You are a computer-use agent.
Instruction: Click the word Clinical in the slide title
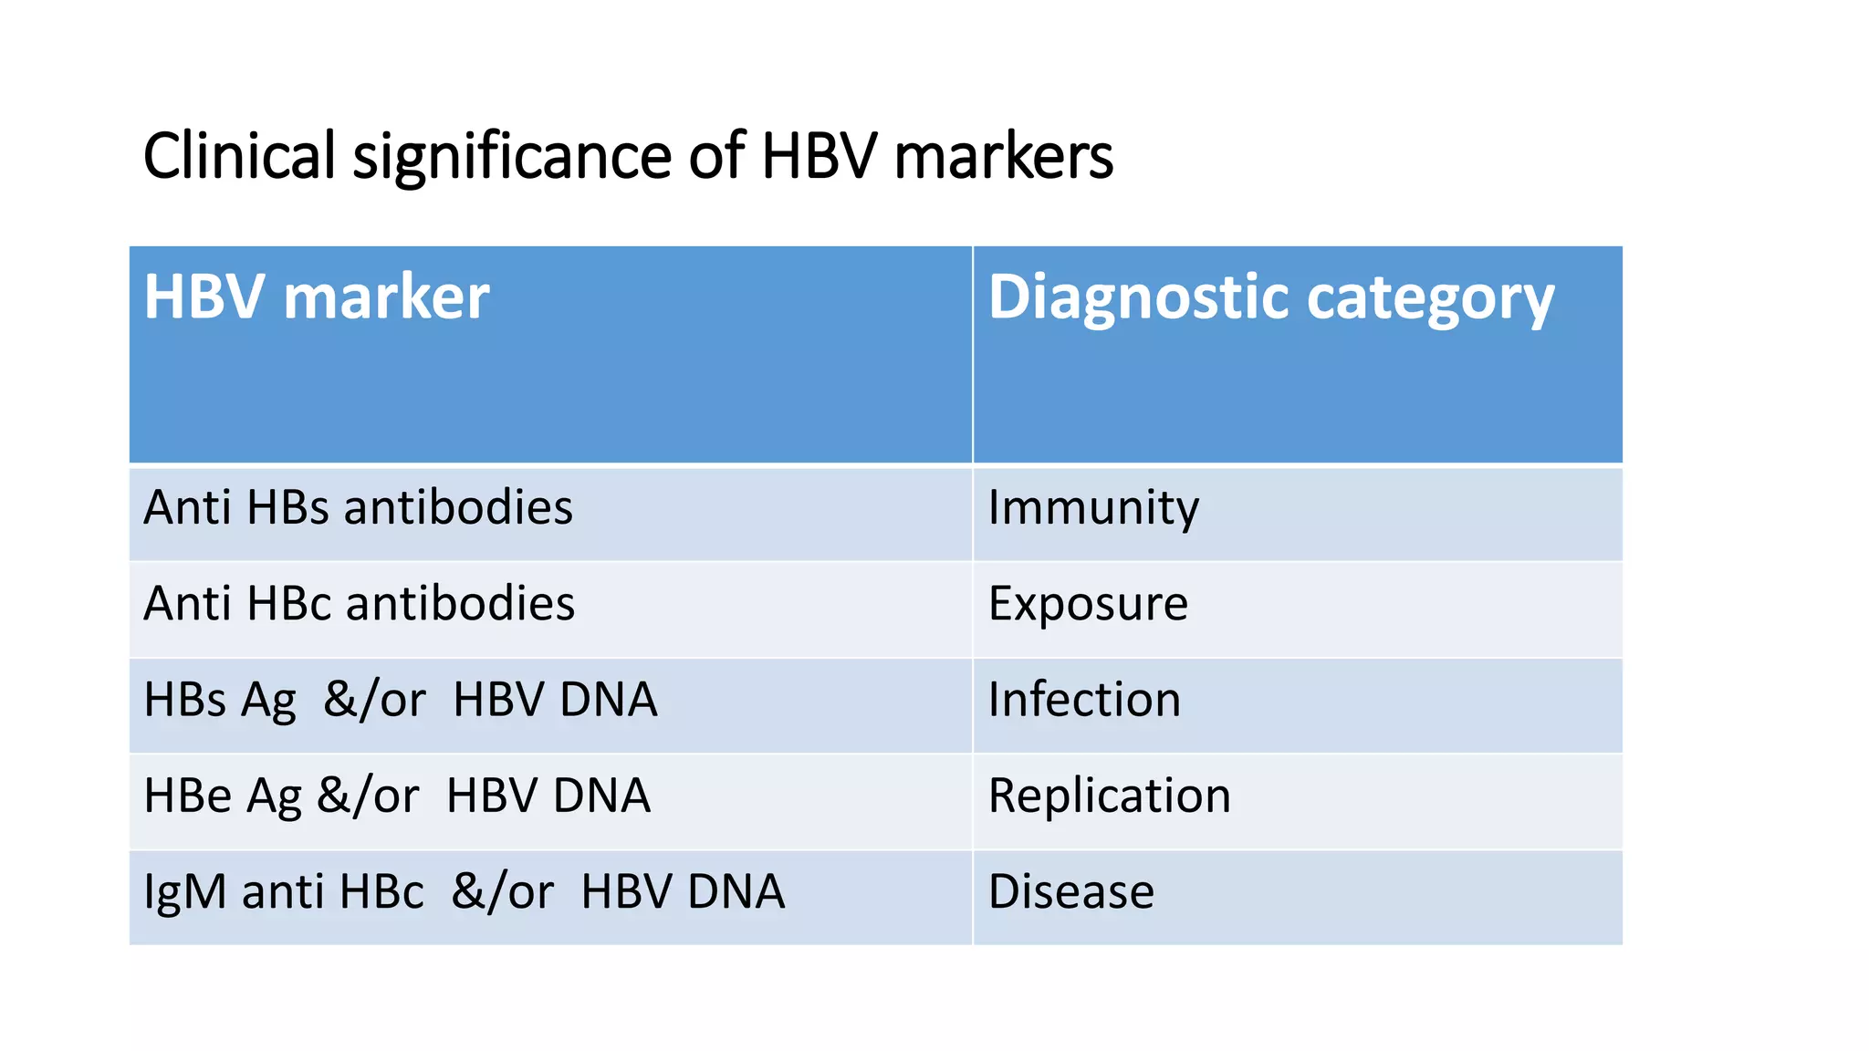[x=239, y=155]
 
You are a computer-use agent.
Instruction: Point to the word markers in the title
[x=1003, y=157]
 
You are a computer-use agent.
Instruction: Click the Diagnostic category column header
[x=1270, y=298]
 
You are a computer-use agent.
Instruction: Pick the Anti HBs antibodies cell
[x=358, y=507]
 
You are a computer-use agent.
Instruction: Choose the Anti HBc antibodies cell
[x=359, y=603]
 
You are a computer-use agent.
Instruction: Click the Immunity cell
[x=1093, y=508]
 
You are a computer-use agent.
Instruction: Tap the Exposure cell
[x=1088, y=604]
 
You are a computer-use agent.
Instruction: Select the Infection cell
[x=1084, y=700]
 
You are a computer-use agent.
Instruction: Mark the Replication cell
[x=1109, y=796]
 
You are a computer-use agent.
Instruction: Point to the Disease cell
[x=1070, y=891]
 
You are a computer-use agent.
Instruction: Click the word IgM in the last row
[x=184, y=892]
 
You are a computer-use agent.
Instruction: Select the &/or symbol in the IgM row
[x=502, y=891]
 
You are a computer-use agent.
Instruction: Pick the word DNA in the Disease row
[x=736, y=891]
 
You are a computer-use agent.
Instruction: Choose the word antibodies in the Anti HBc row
[x=460, y=603]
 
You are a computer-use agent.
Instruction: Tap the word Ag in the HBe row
[x=274, y=796]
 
